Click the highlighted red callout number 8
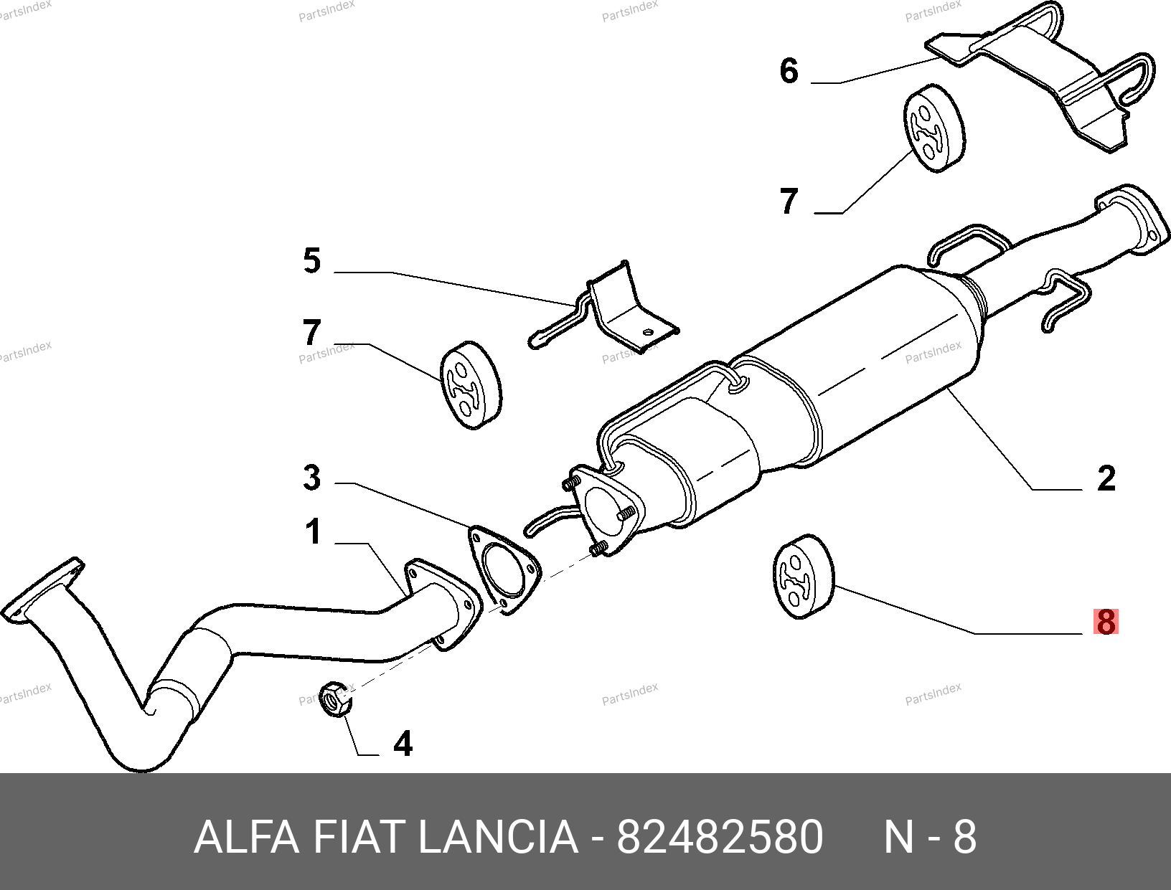(x=1106, y=622)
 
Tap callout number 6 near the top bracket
(x=789, y=71)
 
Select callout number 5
(x=312, y=260)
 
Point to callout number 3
(x=312, y=477)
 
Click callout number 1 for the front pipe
(x=314, y=531)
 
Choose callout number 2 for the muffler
(x=1106, y=478)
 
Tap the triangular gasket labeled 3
(x=504, y=569)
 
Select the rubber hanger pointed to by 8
(x=803, y=577)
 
